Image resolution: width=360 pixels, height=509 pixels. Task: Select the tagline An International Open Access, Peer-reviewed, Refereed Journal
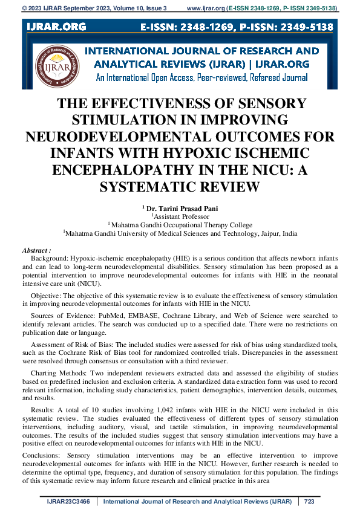coord(201,78)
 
